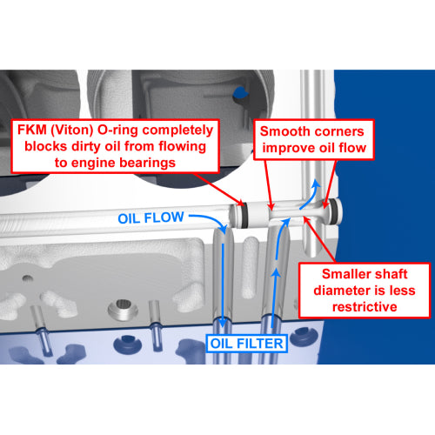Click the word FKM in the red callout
click(x=32, y=130)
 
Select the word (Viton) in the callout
click(x=72, y=130)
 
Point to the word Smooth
click(x=281, y=131)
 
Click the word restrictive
click(x=365, y=307)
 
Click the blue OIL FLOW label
click(x=151, y=217)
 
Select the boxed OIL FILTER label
click(x=246, y=344)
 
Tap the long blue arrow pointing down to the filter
click(x=223, y=285)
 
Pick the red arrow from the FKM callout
click(x=218, y=189)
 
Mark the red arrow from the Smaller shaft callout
click(x=319, y=239)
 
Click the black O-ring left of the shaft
click(x=244, y=215)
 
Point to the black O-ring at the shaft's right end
click(x=334, y=211)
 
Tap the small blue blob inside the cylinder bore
click(x=241, y=93)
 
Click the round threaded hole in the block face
click(x=123, y=309)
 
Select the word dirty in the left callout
click(x=86, y=146)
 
